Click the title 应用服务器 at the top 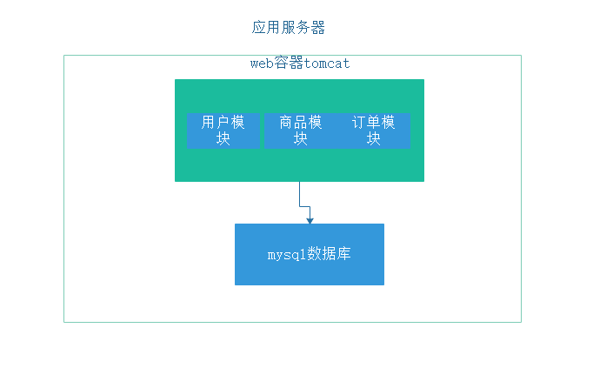point(289,28)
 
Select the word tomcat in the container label point(327,64)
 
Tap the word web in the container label point(263,64)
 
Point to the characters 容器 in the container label point(289,64)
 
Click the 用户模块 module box point(223,130)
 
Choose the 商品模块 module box point(301,130)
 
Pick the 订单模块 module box point(374,130)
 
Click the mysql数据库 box point(309,254)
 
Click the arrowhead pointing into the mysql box point(310,220)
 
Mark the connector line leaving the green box point(300,193)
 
